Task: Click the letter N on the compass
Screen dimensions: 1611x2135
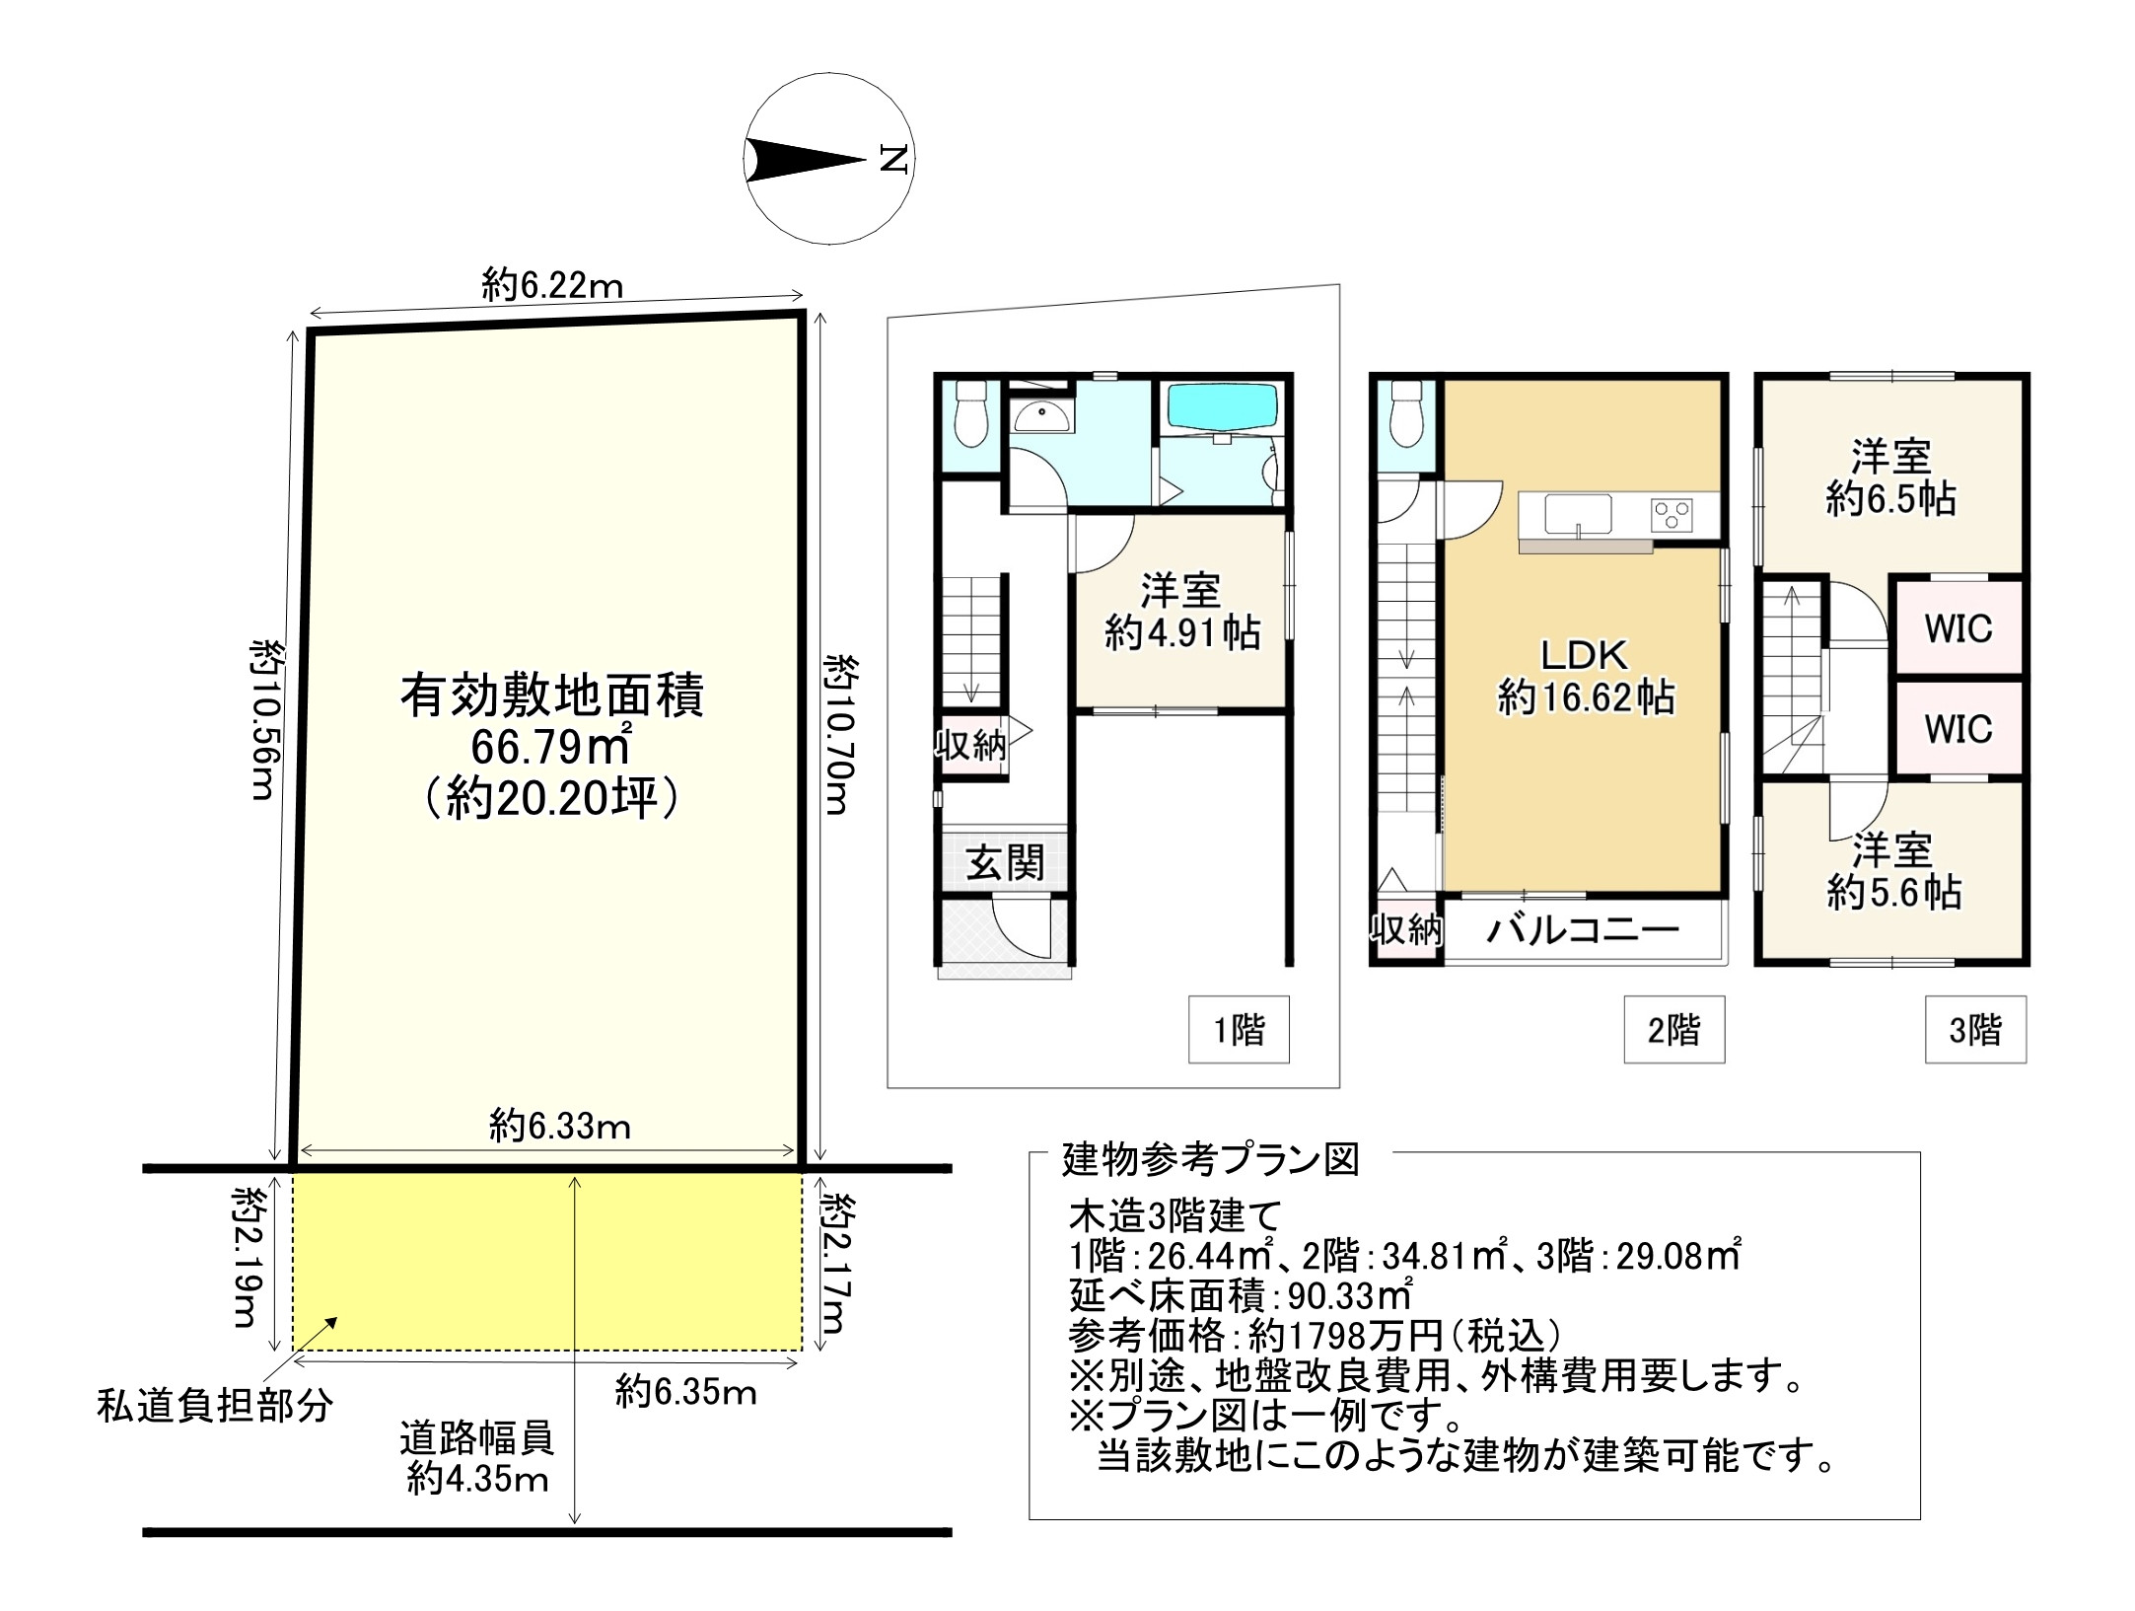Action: point(892,159)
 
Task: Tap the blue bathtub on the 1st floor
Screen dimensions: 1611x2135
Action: point(1222,407)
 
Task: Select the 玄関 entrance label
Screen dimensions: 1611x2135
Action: point(1004,863)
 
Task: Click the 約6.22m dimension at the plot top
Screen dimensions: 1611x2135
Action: point(552,286)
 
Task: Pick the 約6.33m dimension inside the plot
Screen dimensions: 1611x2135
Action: point(559,1126)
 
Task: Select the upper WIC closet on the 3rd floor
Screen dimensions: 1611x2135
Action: point(1957,628)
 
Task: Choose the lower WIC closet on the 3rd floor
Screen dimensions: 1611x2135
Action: point(1957,729)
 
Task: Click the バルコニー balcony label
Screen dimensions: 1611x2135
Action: point(1582,930)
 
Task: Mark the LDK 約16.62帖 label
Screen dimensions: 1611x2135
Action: point(1585,676)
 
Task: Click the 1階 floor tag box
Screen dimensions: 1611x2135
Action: point(1238,1031)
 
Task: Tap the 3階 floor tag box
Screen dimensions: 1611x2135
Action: point(1974,1031)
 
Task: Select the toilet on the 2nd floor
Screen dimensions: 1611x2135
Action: point(1404,416)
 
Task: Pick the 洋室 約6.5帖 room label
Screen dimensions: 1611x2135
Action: point(1889,478)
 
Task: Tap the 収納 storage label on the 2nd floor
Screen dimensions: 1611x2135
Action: point(1405,928)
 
